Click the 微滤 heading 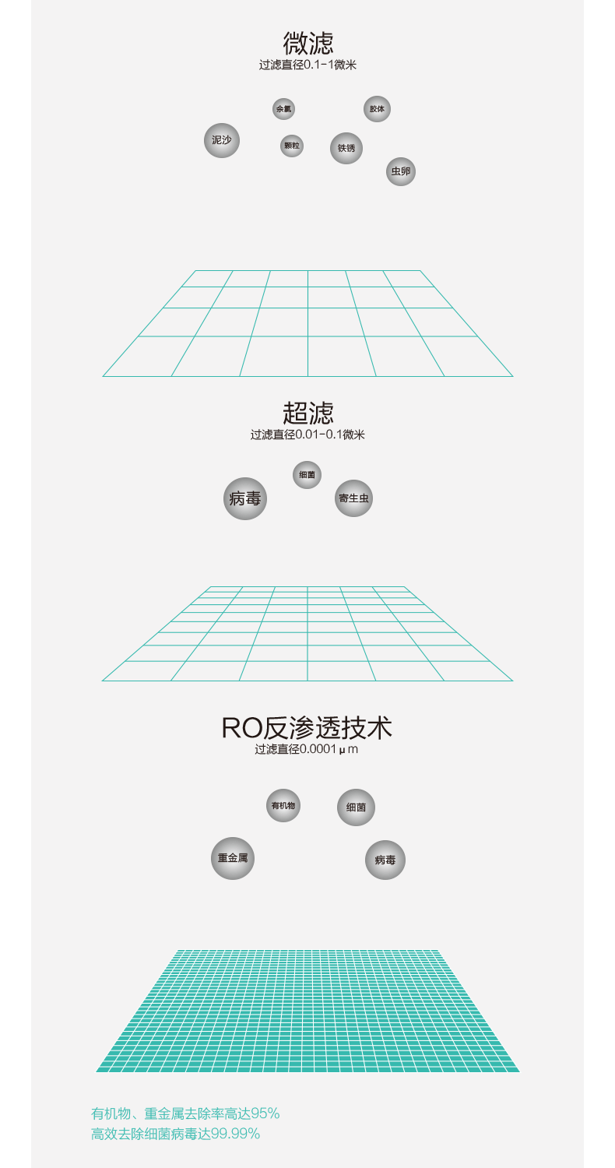click(307, 43)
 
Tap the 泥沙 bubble click(222, 140)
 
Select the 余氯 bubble click(283, 109)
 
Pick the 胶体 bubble click(377, 109)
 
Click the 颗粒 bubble click(292, 146)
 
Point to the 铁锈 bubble click(346, 148)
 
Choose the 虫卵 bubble click(401, 171)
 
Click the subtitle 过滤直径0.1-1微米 click(307, 65)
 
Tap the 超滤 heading click(307, 413)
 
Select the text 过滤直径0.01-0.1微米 click(307, 435)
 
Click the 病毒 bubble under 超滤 click(245, 498)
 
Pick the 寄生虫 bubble click(354, 498)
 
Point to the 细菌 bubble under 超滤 click(307, 474)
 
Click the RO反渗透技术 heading click(307, 728)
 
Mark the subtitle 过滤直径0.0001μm click(307, 750)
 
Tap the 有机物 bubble click(283, 805)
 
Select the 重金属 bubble click(233, 858)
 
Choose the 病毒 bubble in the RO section click(385, 860)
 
